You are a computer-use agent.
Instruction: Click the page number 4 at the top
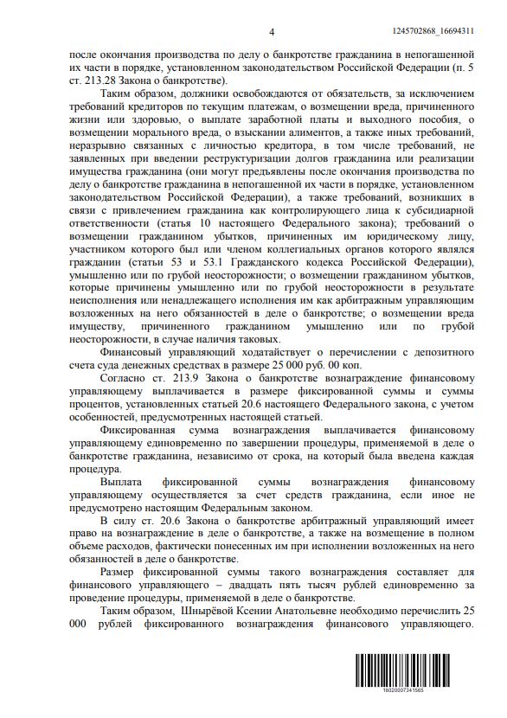point(271,31)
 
